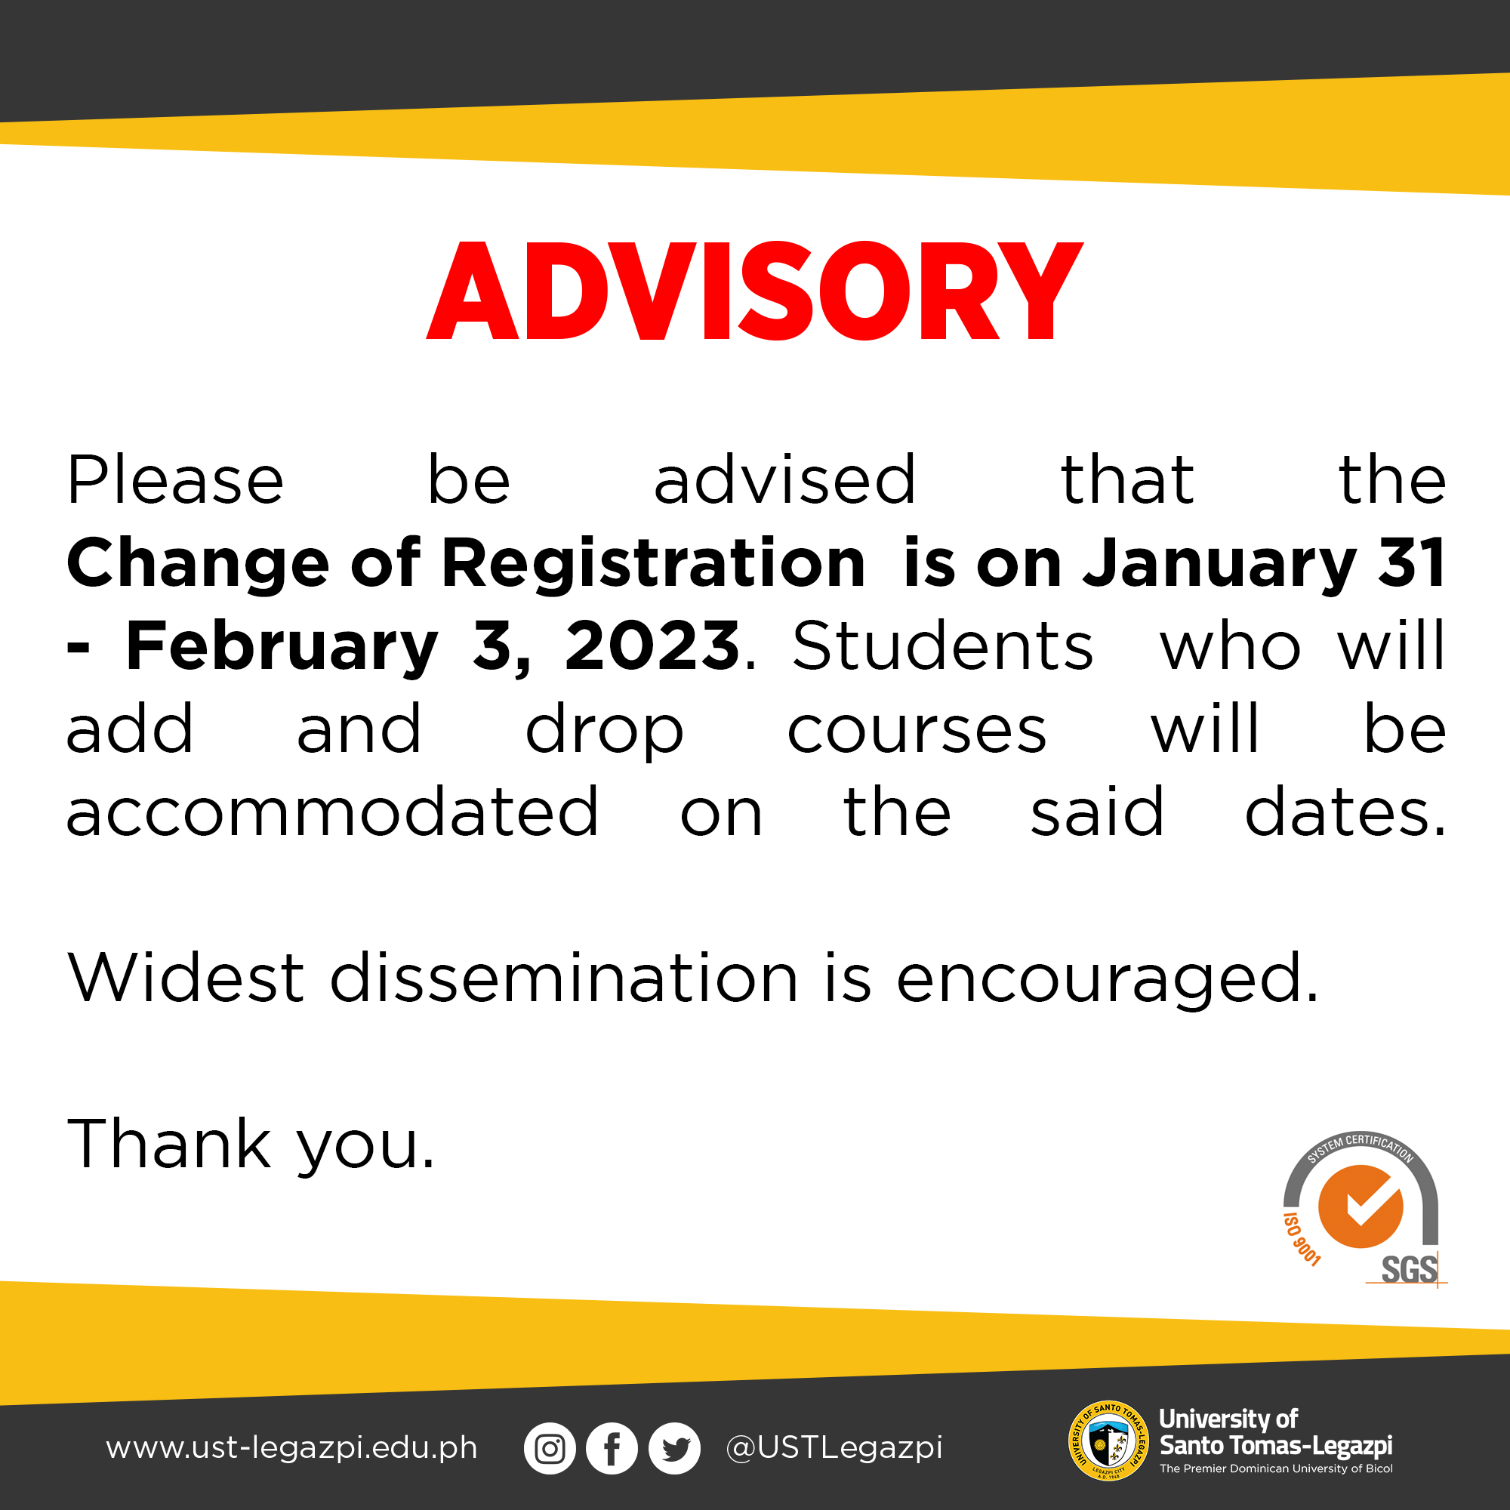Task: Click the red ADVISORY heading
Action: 754,291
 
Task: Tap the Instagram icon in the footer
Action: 550,1448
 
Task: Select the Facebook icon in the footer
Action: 612,1448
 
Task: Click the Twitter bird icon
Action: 674,1448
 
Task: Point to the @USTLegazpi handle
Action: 834,1448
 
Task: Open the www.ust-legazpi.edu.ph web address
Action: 291,1448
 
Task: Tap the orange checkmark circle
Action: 1361,1206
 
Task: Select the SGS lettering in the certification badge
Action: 1409,1269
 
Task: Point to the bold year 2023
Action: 652,646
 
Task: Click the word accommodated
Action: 332,812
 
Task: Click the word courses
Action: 916,730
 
